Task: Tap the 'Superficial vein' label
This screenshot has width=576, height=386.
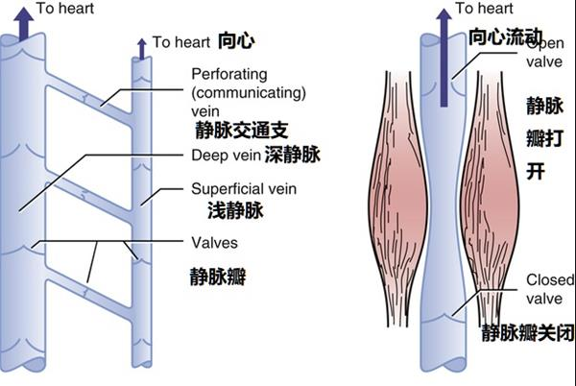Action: [x=243, y=188]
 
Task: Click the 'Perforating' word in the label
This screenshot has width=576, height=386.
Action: [x=228, y=74]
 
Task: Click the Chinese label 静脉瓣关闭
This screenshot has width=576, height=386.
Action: [x=523, y=332]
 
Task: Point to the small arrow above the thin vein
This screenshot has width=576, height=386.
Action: [x=142, y=46]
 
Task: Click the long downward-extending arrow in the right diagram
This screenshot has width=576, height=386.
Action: [x=445, y=58]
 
